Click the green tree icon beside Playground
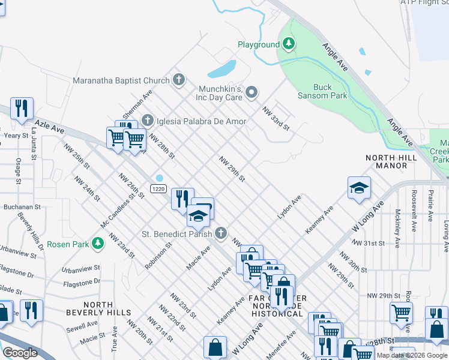coord(289,44)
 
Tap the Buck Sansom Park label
coord(322,91)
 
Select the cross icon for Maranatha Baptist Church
coord(178,80)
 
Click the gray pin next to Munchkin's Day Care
coord(252,92)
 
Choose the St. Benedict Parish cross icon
coord(221,233)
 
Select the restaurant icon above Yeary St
coord(22,109)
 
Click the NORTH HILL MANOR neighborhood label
coord(391,162)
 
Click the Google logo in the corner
coord(20,353)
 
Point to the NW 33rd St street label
coord(276,119)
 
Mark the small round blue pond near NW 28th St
coord(160,178)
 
